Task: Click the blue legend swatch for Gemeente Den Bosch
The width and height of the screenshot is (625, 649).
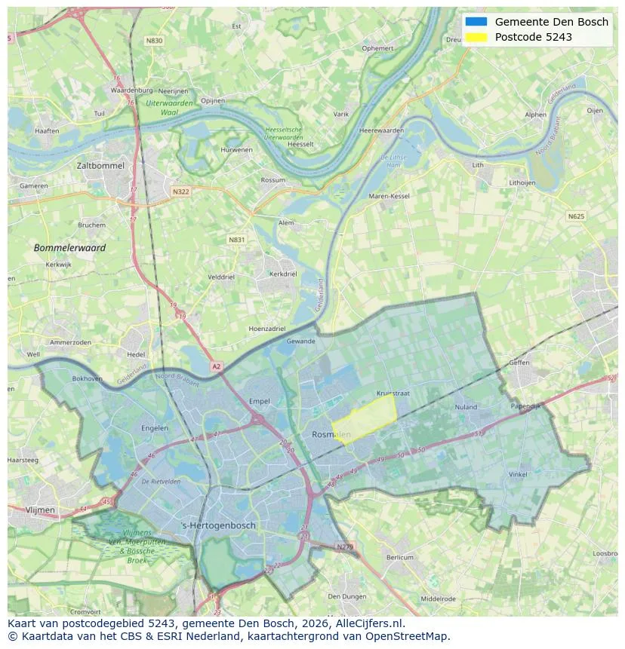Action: point(476,22)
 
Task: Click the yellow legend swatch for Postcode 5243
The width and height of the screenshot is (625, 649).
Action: point(476,37)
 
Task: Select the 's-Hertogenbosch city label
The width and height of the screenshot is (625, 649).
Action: point(219,525)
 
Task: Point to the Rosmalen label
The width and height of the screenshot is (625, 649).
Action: point(331,435)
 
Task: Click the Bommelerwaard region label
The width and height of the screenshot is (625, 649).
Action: point(69,247)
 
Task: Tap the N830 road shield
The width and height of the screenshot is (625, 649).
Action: point(154,41)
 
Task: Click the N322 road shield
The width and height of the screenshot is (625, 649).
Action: point(180,191)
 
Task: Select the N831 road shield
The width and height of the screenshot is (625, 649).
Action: point(237,240)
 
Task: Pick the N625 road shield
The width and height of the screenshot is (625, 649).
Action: point(576,216)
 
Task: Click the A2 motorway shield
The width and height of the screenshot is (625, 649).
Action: point(217,366)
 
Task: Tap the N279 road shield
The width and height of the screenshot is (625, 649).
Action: point(345,546)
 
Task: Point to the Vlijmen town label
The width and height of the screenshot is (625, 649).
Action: point(40,510)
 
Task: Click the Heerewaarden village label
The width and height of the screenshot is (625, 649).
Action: point(381,130)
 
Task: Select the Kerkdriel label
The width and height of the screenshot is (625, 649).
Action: point(283,274)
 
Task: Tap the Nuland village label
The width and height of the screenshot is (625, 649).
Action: point(466,407)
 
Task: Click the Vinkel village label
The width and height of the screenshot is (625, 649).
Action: point(518,474)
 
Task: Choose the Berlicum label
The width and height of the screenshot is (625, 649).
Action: point(400,558)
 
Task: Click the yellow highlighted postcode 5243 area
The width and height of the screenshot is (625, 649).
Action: point(365,419)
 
